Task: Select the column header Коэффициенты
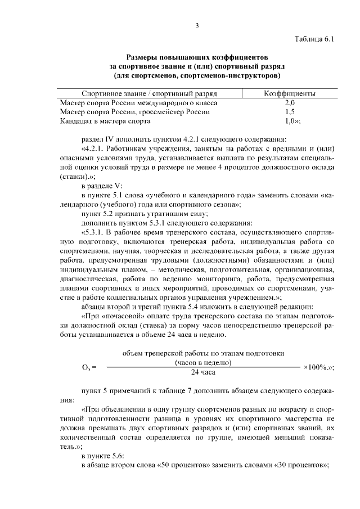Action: [x=290, y=93]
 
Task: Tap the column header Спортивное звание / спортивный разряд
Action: [x=149, y=93]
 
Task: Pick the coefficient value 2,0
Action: [x=290, y=103]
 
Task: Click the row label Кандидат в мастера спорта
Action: [x=105, y=121]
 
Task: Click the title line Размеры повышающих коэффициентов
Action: [x=197, y=57]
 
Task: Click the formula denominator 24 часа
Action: [x=203, y=372]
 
